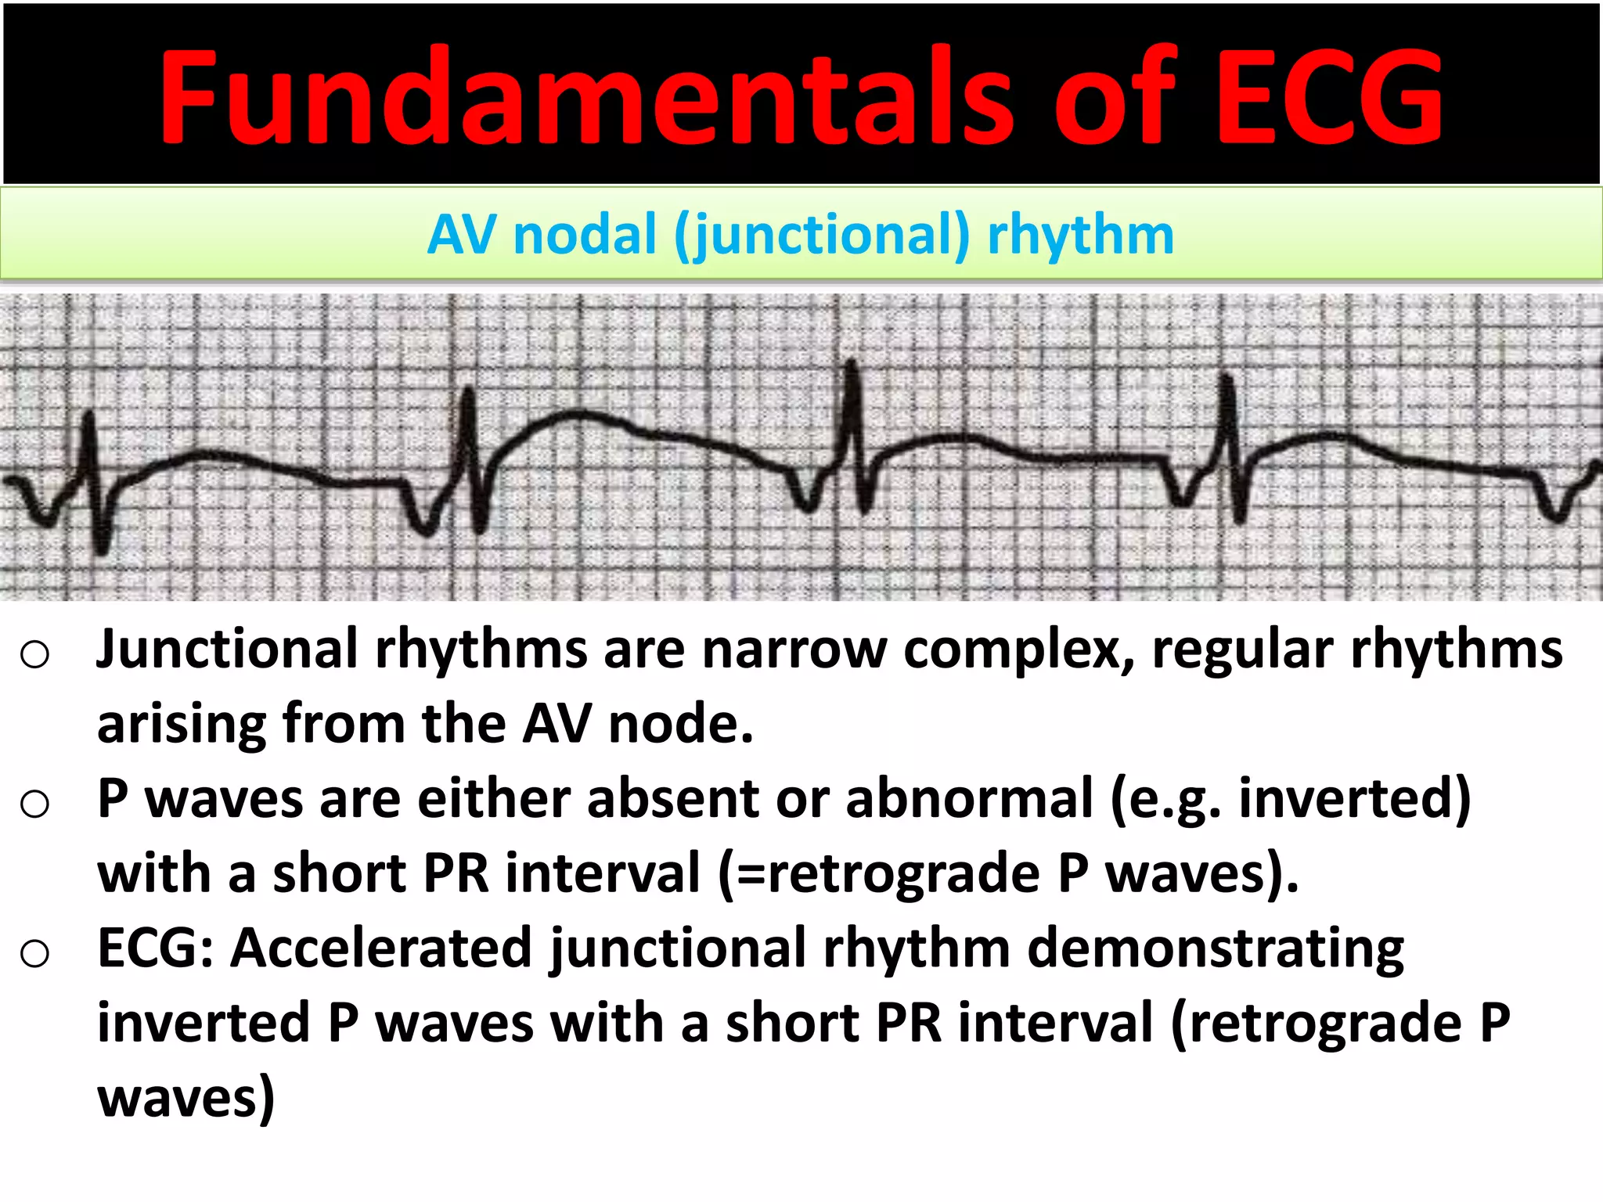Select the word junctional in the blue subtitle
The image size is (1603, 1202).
click(x=822, y=235)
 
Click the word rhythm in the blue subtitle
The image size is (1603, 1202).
click(x=1080, y=235)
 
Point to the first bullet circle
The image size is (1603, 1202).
click(x=35, y=653)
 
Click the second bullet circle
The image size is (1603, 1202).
click(x=35, y=803)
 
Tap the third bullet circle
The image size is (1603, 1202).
click(x=35, y=952)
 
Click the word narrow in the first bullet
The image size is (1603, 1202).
click(x=794, y=650)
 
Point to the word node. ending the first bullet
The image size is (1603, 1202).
click(x=680, y=724)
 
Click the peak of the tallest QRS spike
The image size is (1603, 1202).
click(x=852, y=364)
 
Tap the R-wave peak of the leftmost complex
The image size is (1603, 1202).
click(x=88, y=415)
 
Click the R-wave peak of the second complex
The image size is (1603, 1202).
click(x=468, y=390)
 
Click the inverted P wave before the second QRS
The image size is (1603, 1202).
click(x=424, y=528)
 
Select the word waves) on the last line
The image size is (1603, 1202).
click(x=186, y=1098)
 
